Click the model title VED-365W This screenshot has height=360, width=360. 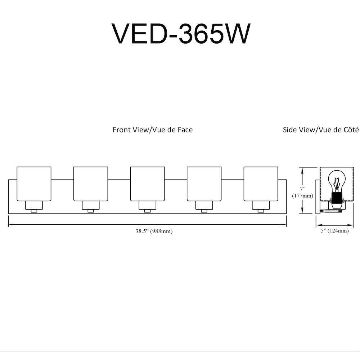(x=181, y=34)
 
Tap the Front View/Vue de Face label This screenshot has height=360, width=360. (x=153, y=130)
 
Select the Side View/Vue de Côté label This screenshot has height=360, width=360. (x=321, y=130)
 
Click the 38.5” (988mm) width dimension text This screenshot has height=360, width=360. (x=154, y=231)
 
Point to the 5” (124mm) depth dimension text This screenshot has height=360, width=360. (x=335, y=230)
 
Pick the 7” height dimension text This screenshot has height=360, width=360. (x=303, y=189)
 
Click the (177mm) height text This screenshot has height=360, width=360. (x=303, y=195)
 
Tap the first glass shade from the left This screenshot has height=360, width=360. (x=34, y=184)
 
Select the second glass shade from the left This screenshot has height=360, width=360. (x=91, y=184)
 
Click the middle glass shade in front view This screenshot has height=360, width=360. (x=147, y=184)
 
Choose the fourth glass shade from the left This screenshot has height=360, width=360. (x=204, y=184)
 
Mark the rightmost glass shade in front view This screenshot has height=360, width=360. (x=261, y=184)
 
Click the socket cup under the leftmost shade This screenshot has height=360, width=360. (x=34, y=206)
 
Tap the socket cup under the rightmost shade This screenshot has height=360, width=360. (x=261, y=206)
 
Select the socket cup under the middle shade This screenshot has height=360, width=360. (x=147, y=206)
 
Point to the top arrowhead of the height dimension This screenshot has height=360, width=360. (x=303, y=170)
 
